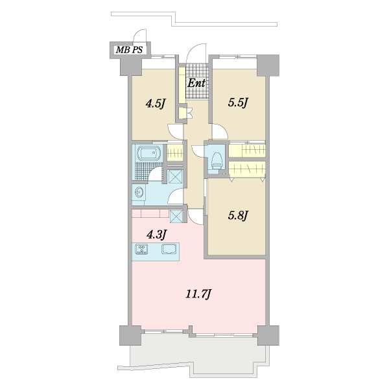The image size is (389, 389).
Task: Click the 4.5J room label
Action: (156, 104)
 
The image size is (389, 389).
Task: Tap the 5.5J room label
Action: (238, 102)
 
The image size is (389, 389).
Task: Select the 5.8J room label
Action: (238, 215)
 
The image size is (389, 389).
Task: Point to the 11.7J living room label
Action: (198, 294)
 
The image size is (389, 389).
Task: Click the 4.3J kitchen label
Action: (157, 235)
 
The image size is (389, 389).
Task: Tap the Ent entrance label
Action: (196, 83)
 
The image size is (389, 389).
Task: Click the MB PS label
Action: (129, 50)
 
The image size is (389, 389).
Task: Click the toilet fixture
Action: (217, 161)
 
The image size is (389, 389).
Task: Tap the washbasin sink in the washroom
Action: (139, 193)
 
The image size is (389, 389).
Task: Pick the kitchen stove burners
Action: (141, 249)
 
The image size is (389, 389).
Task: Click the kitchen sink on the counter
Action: (169, 248)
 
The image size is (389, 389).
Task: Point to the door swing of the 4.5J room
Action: (176, 132)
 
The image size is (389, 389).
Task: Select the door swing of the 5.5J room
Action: (220, 132)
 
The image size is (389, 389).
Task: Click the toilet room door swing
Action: (198, 151)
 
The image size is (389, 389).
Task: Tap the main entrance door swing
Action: (196, 53)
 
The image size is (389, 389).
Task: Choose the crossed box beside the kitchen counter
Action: (176, 217)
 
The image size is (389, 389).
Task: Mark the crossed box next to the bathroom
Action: (175, 176)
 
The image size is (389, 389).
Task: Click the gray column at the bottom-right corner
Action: (268, 335)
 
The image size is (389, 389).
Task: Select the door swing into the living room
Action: (196, 217)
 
